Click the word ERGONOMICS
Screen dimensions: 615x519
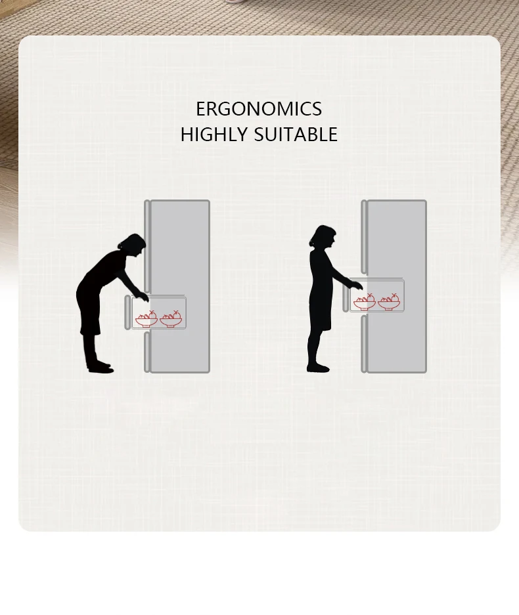259,108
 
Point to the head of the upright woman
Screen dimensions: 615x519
323,238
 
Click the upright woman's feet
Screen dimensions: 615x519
318,367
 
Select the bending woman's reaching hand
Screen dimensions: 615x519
143,296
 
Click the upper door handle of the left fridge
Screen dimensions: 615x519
147,246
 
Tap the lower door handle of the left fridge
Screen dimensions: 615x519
147,352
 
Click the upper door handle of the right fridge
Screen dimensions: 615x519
364,236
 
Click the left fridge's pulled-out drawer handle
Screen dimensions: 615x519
128,312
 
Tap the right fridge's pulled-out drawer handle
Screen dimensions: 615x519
346,299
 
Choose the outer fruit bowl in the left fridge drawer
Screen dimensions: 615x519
146,319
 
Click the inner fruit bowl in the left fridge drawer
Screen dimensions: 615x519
171,319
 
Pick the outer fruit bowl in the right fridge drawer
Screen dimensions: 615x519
364,302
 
